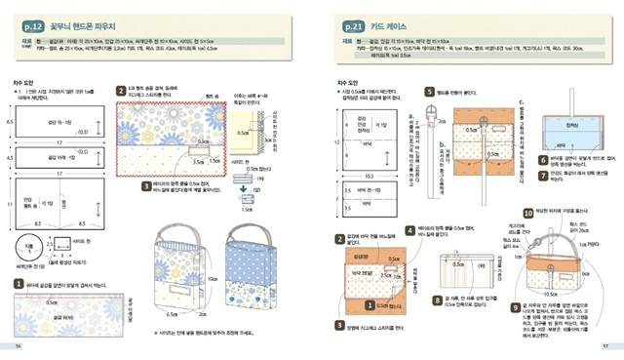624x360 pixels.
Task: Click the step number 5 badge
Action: pyautogui.click(x=429, y=92)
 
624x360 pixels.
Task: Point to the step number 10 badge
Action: pyautogui.click(x=527, y=212)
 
